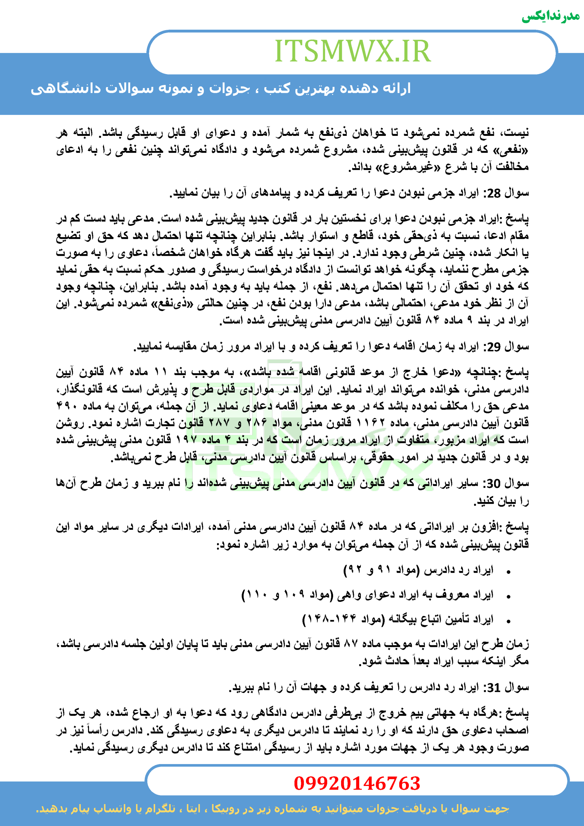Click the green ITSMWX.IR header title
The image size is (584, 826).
(352, 51)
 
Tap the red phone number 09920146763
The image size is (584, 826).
(357, 783)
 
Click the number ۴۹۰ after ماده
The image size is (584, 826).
(67, 406)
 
